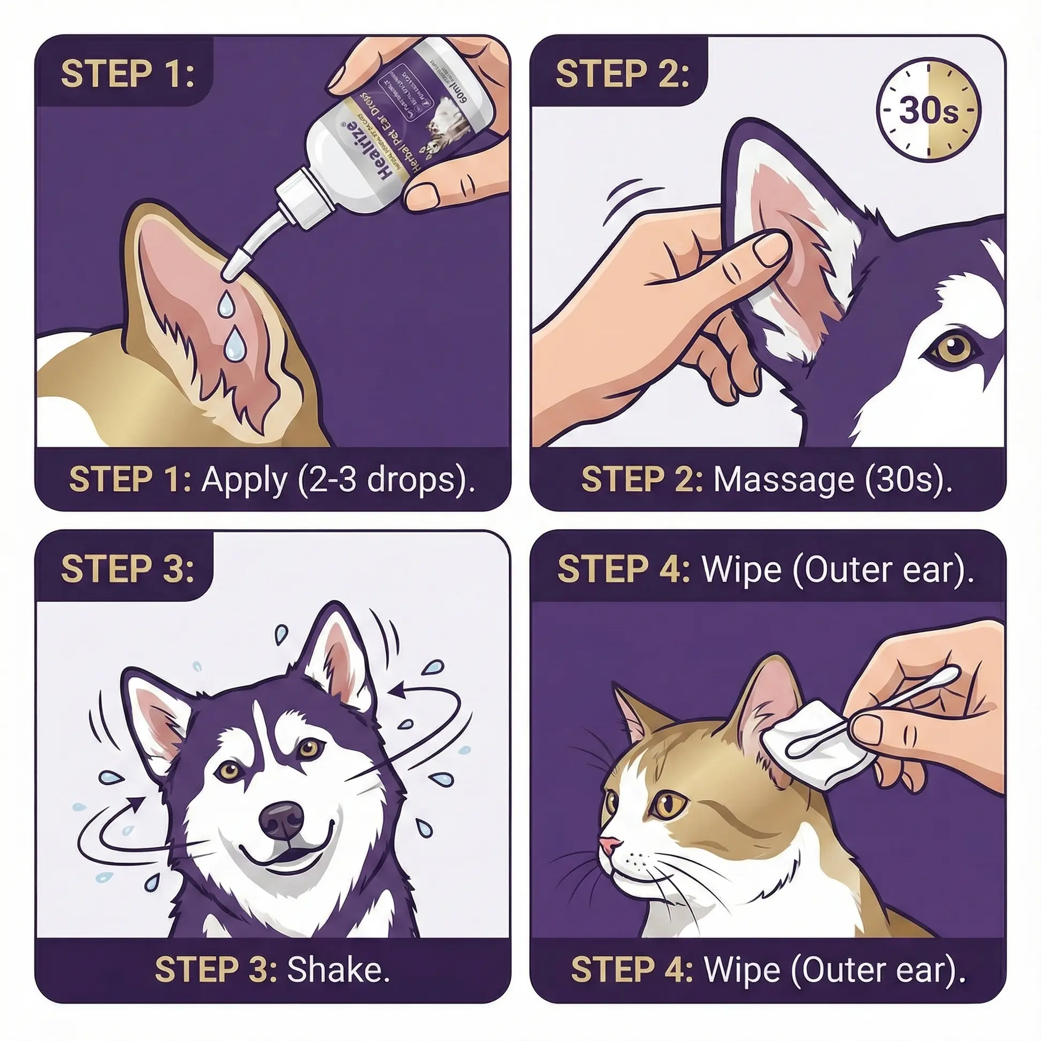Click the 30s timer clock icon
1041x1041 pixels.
tap(928, 109)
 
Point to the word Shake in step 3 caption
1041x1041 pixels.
tap(338, 970)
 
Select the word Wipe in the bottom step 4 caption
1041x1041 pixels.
tap(742, 970)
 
